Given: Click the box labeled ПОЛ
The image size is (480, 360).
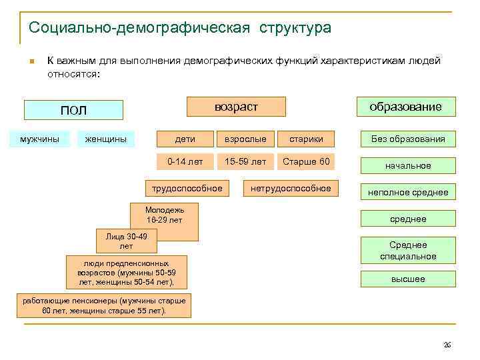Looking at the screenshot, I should pos(74,110).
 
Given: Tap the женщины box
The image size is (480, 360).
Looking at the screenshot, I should pos(105,139).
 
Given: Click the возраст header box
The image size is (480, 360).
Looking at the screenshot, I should pos(236,107).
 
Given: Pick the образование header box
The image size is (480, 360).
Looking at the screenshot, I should pos(405,107).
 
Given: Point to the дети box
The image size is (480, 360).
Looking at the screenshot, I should pos(185,139).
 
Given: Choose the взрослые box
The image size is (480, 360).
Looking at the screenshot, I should pos(245,139).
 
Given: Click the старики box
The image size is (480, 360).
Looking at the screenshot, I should pos(306,139).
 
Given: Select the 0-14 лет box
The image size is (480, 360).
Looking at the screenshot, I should pos(185,161).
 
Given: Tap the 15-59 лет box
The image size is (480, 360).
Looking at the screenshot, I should pos(245,161).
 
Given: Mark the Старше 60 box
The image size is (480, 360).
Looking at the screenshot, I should pos(306,161).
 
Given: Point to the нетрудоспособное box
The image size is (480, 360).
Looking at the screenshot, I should pos(291,189).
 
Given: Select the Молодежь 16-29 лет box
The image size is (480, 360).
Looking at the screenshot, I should pos(164,214).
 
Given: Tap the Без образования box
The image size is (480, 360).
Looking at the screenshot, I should pos(408,139).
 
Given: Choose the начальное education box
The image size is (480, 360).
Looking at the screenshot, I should pos(408,165).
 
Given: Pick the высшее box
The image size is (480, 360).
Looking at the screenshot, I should pos(408,279).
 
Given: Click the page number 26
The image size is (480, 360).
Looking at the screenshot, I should pos(447,344).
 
